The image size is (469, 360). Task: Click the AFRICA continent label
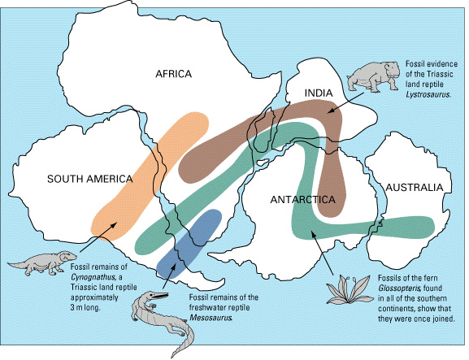coord(173,75)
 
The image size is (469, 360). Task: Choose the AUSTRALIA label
coord(415,188)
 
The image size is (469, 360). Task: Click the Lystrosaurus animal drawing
coord(375,76)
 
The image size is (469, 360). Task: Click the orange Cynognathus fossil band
coord(150,173)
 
